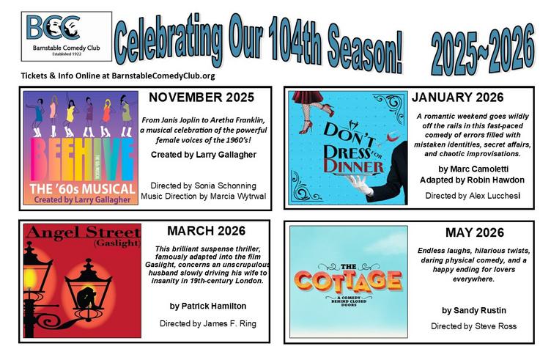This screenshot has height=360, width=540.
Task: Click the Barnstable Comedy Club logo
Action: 67,36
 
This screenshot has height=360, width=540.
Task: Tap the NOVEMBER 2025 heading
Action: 201,98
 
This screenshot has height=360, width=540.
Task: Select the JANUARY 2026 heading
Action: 458,98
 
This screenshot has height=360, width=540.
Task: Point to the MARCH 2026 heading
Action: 207,231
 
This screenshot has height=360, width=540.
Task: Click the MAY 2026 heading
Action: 475,232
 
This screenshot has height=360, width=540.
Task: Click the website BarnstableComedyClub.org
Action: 163,76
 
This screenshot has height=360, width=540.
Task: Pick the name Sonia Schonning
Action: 225,185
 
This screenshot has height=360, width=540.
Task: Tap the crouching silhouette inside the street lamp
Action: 86,297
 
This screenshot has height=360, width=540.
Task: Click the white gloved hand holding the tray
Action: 360,183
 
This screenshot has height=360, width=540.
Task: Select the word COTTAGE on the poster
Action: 349,281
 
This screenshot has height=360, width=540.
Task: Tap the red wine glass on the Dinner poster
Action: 393,138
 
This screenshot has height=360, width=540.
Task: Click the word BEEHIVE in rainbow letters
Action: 81,159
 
